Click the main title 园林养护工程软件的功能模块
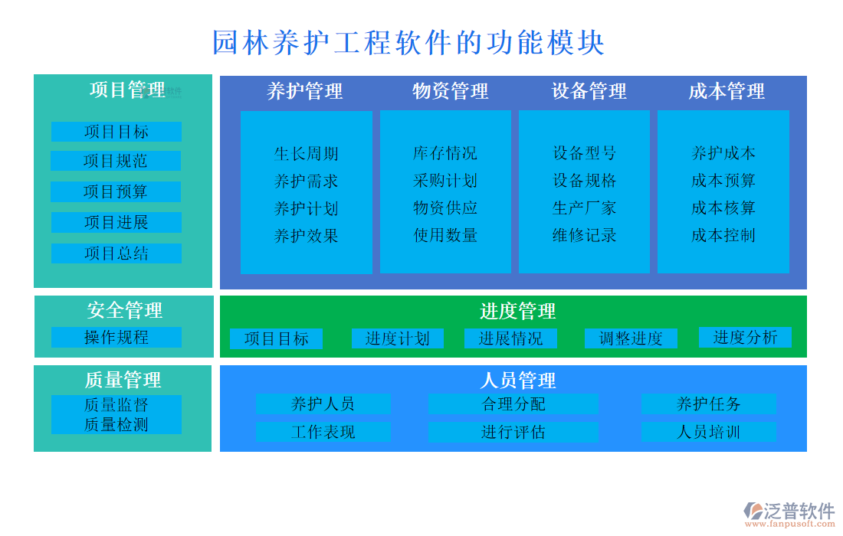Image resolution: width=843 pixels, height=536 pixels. [408, 43]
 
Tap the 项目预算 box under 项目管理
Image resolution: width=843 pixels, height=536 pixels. [116, 191]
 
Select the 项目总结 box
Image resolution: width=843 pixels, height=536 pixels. [116, 253]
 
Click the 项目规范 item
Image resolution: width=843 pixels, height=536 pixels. [116, 161]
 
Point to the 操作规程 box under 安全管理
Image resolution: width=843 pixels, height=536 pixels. [116, 337]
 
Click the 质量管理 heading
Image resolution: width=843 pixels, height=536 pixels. [123, 380]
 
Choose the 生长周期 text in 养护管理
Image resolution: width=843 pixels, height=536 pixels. [306, 153]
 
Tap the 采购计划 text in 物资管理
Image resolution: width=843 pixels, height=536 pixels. [445, 181]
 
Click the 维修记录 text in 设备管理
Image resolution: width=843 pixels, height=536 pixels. [584, 235]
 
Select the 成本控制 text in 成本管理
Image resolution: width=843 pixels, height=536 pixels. [723, 235]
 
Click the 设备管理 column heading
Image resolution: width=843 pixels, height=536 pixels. [589, 91]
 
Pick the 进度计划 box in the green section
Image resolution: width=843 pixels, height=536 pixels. [397, 338]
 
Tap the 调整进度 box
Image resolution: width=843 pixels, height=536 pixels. [631, 338]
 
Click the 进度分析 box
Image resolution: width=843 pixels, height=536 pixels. [745, 337]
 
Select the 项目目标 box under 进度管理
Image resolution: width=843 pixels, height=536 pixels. [276, 338]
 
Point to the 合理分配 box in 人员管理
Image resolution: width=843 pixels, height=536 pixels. [513, 404]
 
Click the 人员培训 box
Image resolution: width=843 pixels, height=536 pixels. [708, 432]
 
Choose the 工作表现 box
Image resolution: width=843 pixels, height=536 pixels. [323, 432]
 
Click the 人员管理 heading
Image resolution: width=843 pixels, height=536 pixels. [517, 380]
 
